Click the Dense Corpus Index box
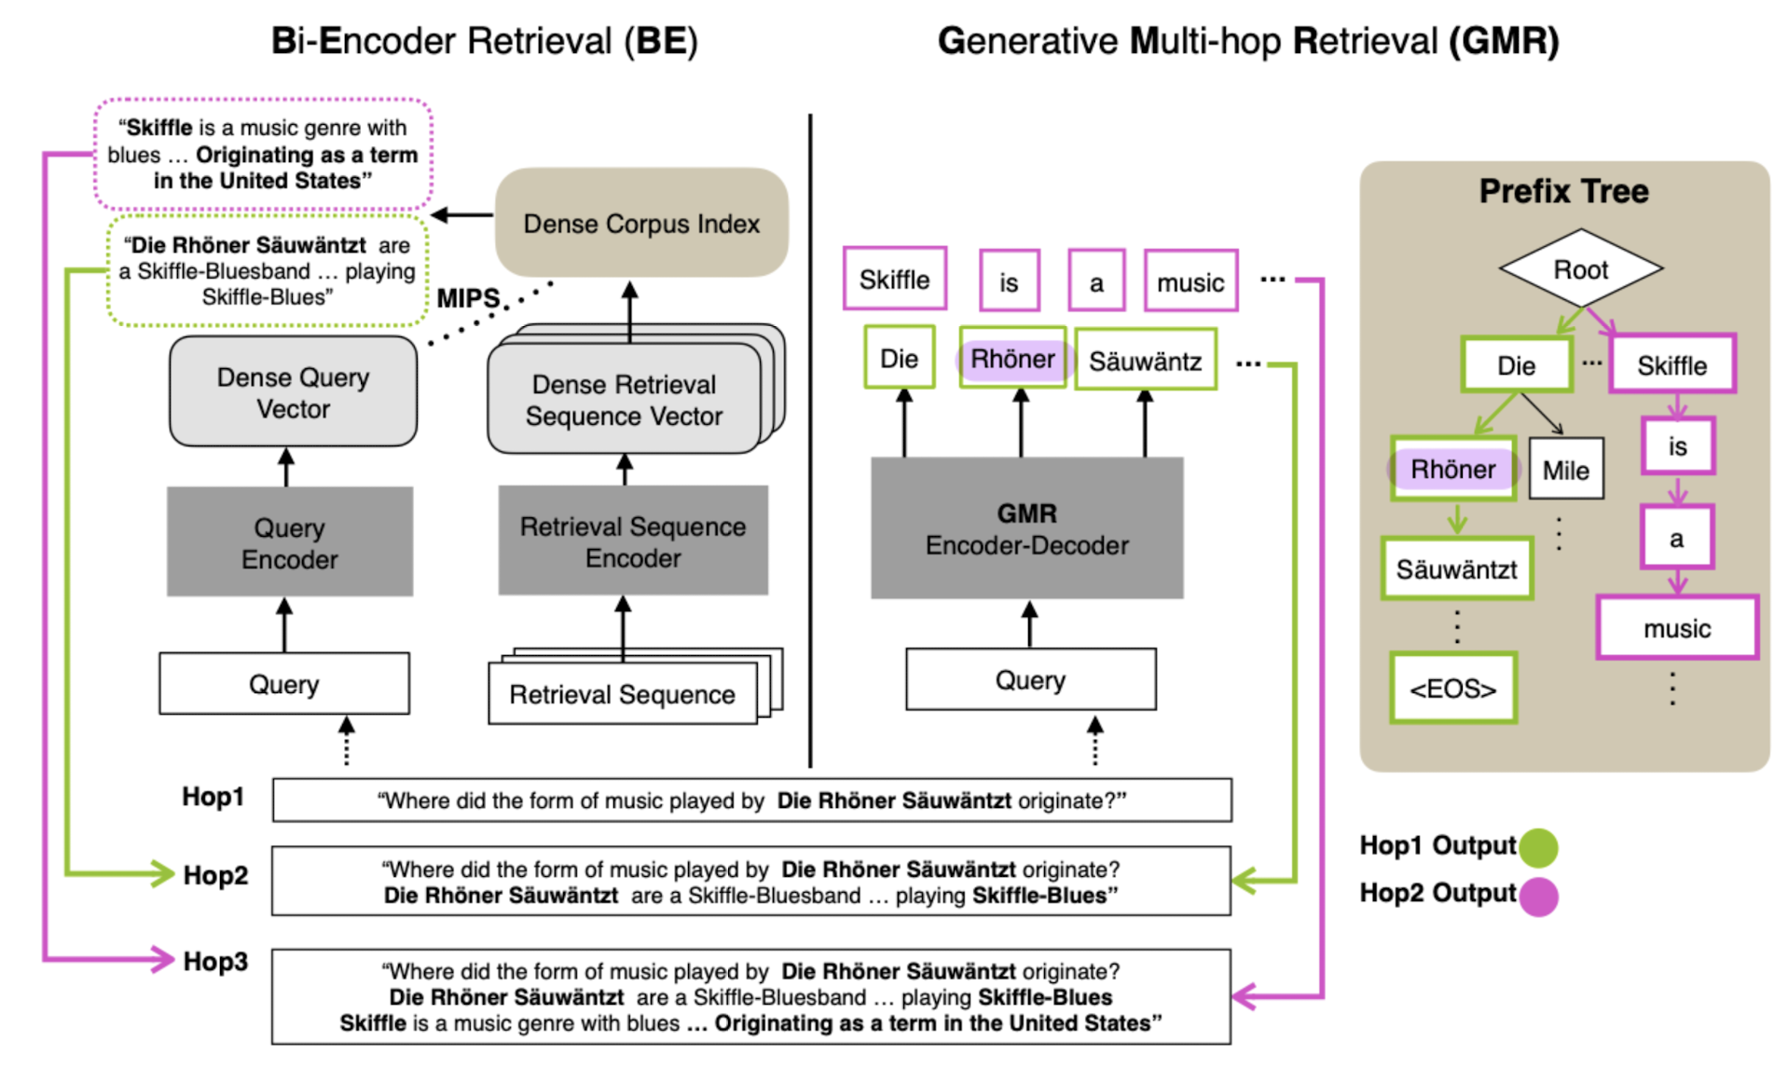pyautogui.click(x=641, y=223)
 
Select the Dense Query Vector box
pyautogui.click(x=293, y=392)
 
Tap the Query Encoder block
pyautogui.click(x=290, y=542)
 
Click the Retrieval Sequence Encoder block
pyautogui.click(x=633, y=541)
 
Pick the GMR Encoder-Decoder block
pyautogui.click(x=1027, y=528)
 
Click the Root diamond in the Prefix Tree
pyautogui.click(x=1581, y=268)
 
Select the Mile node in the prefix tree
pyautogui.click(x=1566, y=469)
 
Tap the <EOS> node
pyautogui.click(x=1453, y=688)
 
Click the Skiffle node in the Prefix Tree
pyautogui.click(x=1672, y=364)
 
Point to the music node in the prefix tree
pyautogui.click(x=1677, y=627)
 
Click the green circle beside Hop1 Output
pyautogui.click(x=1538, y=846)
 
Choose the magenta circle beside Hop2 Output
pyautogui.click(x=1538, y=896)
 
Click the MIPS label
pyautogui.click(x=468, y=298)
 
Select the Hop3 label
pyautogui.click(x=215, y=961)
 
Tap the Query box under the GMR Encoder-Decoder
pyautogui.click(x=1031, y=679)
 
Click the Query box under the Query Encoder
pyautogui.click(x=284, y=684)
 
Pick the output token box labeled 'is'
pyautogui.click(x=1010, y=281)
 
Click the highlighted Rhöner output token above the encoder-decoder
pyautogui.click(x=1012, y=359)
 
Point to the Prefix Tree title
pyautogui.click(x=1564, y=191)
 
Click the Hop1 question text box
pyautogui.click(x=752, y=801)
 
